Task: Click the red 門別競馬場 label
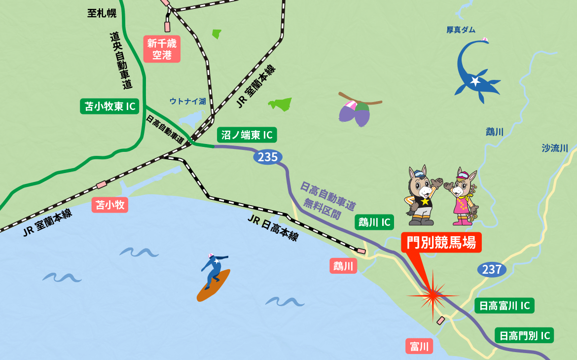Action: pos(441,243)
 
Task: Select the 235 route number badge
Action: pos(268,157)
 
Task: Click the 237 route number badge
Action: pos(492,269)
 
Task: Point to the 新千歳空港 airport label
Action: pos(162,49)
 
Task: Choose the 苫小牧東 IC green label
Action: pos(109,106)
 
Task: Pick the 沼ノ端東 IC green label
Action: pos(247,135)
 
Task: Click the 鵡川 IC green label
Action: pos(374,222)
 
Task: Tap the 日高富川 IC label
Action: pos(505,306)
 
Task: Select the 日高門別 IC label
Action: pos(524,336)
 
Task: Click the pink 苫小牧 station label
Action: pos(110,205)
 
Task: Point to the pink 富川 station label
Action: pos(419,346)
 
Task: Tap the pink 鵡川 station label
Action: pos(343,266)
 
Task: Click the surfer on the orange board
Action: pos(214,277)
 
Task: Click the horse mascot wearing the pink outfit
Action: pos(462,197)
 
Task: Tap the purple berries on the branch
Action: pos(356,112)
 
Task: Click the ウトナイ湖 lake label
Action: pos(187,101)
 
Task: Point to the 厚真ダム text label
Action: pos(461,30)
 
